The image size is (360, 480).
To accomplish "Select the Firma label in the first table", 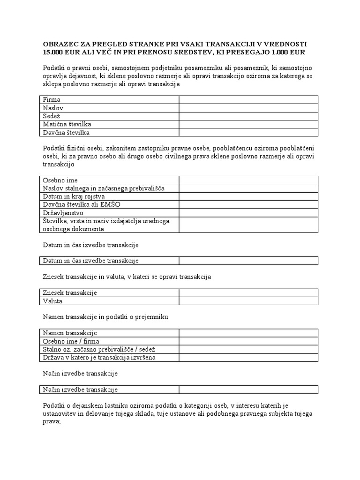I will [52, 99].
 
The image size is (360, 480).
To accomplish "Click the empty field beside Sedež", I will [248, 116].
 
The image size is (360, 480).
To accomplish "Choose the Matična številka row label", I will [67, 124].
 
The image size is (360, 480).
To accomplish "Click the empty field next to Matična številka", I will [248, 124].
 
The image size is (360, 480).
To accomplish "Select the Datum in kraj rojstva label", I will [74, 196].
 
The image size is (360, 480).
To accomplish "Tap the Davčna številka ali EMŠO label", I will [77, 204].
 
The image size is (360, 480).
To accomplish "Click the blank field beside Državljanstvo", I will [248, 212].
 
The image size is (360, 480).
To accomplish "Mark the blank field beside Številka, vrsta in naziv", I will [248, 225].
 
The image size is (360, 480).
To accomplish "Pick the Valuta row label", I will [52, 301].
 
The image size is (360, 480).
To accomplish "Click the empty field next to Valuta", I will [248, 301].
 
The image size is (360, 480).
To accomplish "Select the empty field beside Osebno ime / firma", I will [248, 341].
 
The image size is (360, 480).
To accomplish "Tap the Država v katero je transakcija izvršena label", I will [99, 358].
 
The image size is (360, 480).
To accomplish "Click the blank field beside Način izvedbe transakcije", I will [248, 390].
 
